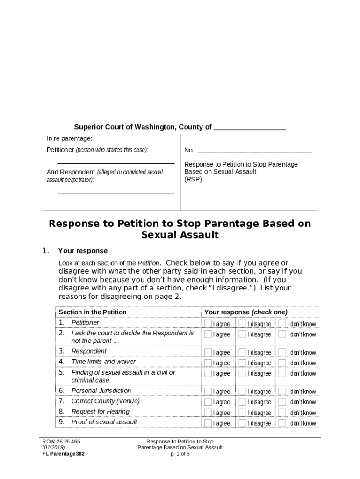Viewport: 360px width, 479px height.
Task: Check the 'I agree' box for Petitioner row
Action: (208, 324)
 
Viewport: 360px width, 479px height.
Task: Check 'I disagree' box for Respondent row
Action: (242, 352)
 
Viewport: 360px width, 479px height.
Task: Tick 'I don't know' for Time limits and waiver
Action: (282, 363)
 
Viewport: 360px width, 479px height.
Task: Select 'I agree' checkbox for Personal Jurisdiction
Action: (208, 391)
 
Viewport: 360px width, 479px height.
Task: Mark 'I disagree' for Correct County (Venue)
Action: (242, 402)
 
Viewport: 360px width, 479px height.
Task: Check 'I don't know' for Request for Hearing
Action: (282, 412)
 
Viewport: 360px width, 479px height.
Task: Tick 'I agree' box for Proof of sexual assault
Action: (208, 423)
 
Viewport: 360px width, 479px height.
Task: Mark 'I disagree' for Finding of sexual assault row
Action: (242, 373)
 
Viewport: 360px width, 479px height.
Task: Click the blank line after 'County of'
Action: (250, 128)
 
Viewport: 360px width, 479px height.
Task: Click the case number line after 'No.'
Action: (255, 151)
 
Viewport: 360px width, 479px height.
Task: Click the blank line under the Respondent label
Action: (115, 192)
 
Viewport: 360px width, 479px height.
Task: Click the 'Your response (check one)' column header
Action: (246, 312)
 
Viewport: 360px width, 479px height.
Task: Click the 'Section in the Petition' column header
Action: (93, 312)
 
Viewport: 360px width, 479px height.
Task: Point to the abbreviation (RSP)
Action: (193, 179)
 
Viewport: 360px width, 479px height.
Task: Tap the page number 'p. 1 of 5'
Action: (180, 453)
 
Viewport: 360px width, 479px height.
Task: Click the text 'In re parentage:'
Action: (69, 138)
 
